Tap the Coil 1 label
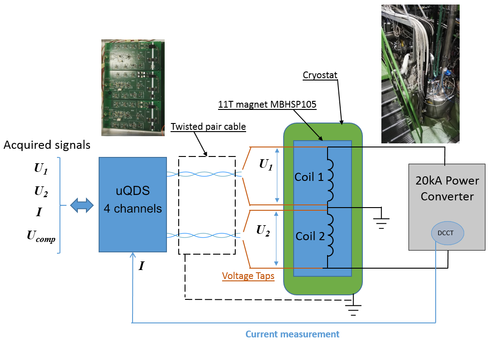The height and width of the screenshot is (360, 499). click(309, 176)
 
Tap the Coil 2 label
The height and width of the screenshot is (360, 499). click(310, 236)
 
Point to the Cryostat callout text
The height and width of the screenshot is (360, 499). click(320, 75)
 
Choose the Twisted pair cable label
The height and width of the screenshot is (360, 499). click(208, 127)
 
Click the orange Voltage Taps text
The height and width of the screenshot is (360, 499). click(248, 276)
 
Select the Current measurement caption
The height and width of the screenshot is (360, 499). click(292, 334)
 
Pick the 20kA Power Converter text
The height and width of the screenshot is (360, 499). click(447, 189)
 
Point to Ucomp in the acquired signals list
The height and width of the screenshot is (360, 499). click(41, 236)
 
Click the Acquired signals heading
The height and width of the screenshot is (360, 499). click(47, 145)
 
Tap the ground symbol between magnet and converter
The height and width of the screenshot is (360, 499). click(381, 219)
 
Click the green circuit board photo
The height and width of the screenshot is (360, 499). click(133, 87)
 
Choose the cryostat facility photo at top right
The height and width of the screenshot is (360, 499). click(420, 74)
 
